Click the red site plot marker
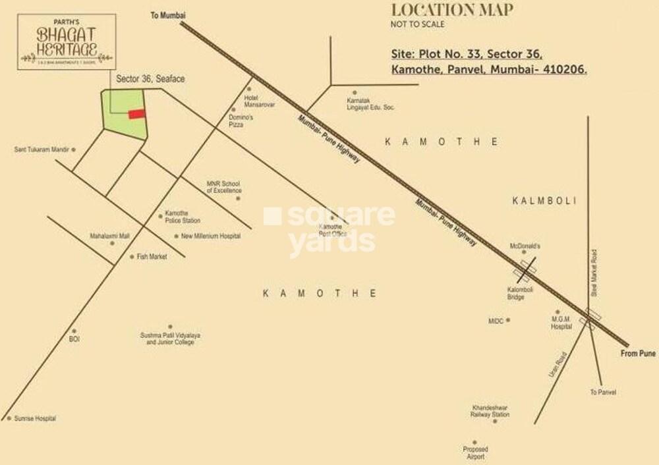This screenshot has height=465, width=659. tap(136, 114)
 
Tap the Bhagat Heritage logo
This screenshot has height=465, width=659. tap(67, 41)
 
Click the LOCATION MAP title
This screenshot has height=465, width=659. tap(452, 10)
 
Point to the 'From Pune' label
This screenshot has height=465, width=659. tap(638, 354)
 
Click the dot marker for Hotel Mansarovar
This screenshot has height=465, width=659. tap(249, 89)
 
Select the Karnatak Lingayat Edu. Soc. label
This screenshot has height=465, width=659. tap(370, 104)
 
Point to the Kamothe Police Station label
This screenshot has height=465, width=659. tap(183, 217)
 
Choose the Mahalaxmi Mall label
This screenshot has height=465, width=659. tap(110, 235)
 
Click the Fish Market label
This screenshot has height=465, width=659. tap(152, 257)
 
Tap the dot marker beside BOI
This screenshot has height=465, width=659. tap(74, 331)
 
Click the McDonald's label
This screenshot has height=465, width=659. tap(525, 246)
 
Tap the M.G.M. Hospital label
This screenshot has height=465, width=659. tap(561, 323)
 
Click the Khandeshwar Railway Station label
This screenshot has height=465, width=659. tap(490, 411)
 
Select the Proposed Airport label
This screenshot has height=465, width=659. tap(475, 453)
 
